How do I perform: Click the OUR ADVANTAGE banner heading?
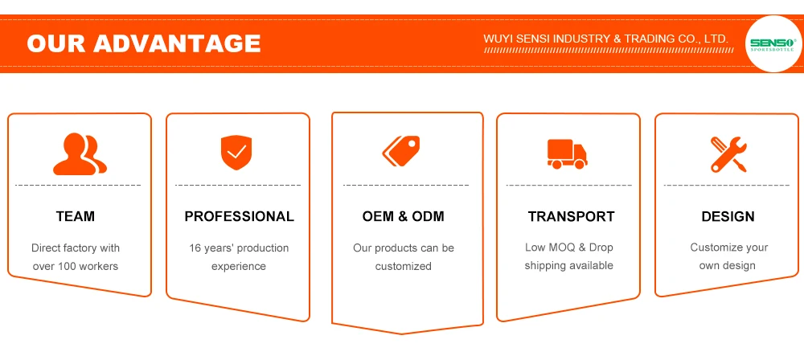(143, 43)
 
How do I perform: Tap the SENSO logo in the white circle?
(771, 44)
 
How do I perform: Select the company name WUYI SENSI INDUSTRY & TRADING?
(605, 39)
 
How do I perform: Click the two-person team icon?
(80, 154)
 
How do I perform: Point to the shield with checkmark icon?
(236, 152)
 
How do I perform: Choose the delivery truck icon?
(567, 153)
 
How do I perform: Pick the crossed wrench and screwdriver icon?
(728, 153)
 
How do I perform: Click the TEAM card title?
(76, 217)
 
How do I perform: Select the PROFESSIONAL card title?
(239, 217)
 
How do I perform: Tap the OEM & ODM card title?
(403, 217)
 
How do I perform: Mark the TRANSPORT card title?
(571, 217)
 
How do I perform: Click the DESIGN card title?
(728, 217)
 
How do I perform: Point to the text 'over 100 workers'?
(76, 266)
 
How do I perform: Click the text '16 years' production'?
(239, 248)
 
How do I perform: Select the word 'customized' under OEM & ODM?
(403, 266)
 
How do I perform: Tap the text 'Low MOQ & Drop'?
(568, 247)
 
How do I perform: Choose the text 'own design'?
(727, 266)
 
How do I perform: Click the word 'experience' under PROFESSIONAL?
(239, 266)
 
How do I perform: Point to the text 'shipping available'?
(568, 265)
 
